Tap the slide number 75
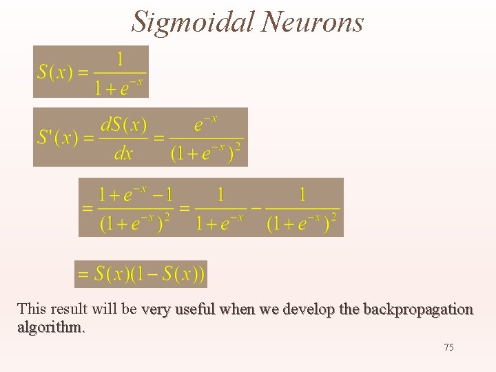tap(448, 347)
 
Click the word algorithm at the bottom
tap(50, 327)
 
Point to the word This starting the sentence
tap(31, 309)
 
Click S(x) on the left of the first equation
tap(55, 72)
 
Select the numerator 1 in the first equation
tap(120, 59)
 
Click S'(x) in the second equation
tap(58, 137)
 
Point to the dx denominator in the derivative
tap(123, 153)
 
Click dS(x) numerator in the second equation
tap(124, 125)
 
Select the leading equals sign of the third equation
tap(87, 207)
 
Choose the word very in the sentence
tap(154, 309)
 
